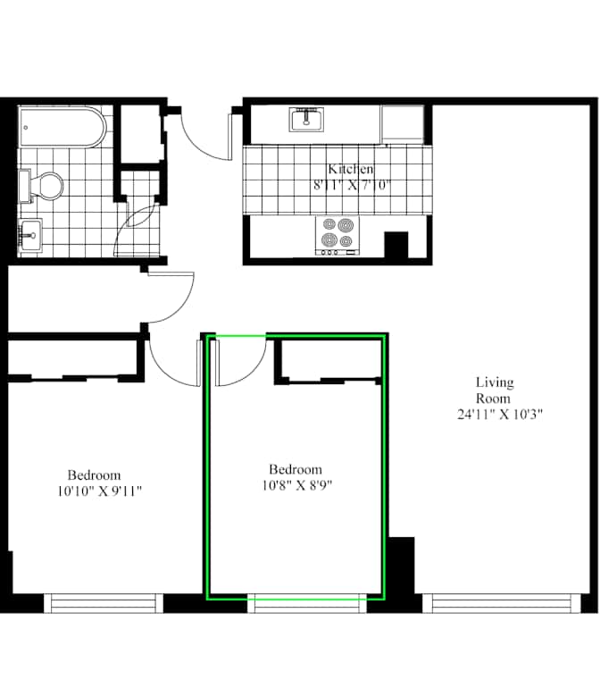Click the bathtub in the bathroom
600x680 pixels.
(x=62, y=127)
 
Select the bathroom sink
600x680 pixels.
(x=29, y=235)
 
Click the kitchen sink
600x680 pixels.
(x=306, y=119)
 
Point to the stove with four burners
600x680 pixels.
(x=337, y=236)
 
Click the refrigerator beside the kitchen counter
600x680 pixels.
(x=402, y=124)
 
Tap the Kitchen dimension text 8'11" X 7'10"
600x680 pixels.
(x=352, y=185)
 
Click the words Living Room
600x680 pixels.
(x=495, y=390)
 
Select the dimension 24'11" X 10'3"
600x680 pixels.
(x=499, y=414)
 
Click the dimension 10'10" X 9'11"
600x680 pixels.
(x=100, y=491)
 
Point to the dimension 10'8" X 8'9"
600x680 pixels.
(x=297, y=485)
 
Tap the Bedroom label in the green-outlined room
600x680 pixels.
(x=296, y=469)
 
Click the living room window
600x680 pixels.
(x=501, y=603)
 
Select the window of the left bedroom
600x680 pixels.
(x=103, y=603)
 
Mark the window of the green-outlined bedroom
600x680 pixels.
(x=307, y=603)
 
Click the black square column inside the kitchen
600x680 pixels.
(x=396, y=245)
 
